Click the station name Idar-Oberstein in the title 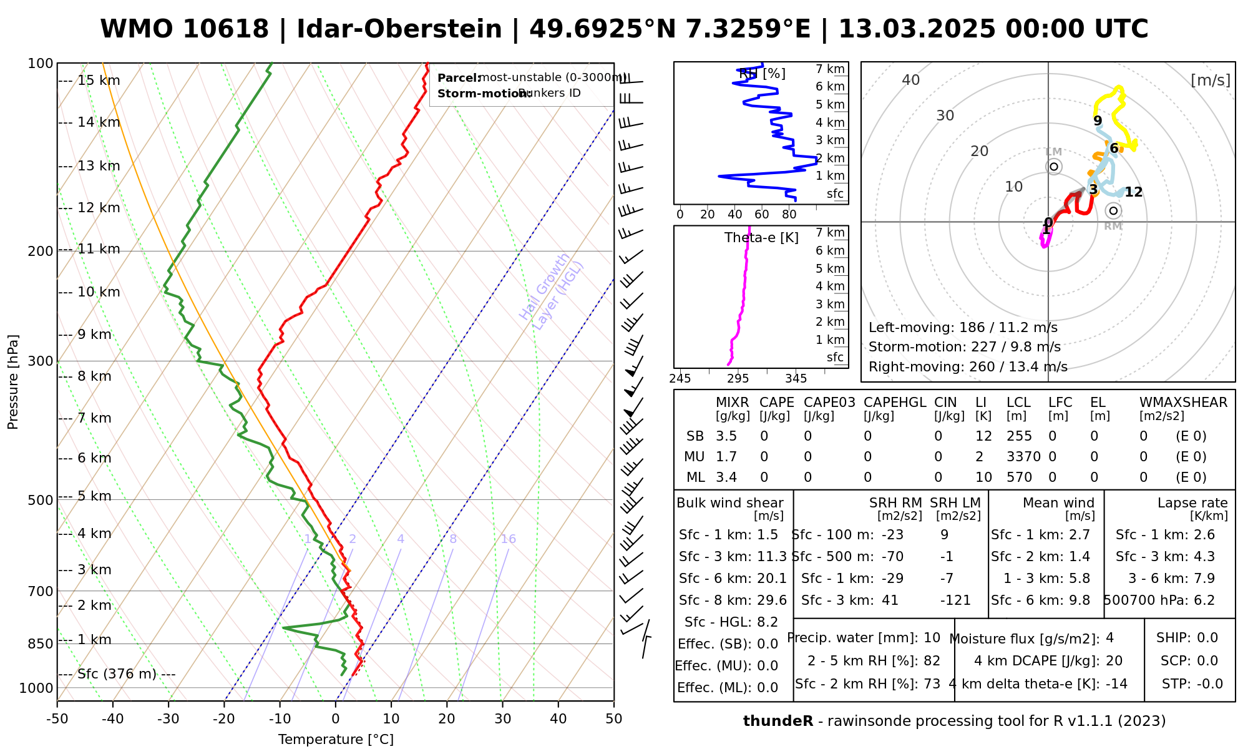point(399,29)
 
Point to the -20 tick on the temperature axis point(224,718)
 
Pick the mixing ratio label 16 point(508,539)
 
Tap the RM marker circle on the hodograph point(1113,211)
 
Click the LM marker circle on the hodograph point(1054,167)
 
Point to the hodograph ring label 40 point(911,80)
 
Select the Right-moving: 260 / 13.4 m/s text point(968,367)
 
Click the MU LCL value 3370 point(1023,457)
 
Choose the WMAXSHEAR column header point(1183,403)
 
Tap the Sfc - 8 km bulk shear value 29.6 point(772,600)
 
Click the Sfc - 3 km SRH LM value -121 point(955,600)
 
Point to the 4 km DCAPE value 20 point(1114,661)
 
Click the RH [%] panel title point(762,74)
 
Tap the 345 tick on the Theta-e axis point(796,379)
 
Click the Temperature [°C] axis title point(336,740)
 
